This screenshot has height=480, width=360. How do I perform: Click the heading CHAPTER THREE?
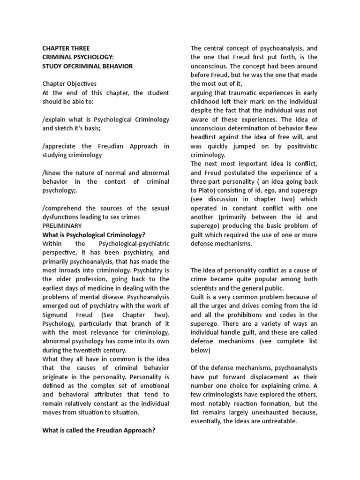(66, 48)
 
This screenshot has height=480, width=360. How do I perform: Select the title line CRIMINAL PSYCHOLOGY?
(76, 57)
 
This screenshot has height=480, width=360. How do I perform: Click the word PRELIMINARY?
(62, 225)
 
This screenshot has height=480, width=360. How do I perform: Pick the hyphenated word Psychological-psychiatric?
(134, 244)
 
